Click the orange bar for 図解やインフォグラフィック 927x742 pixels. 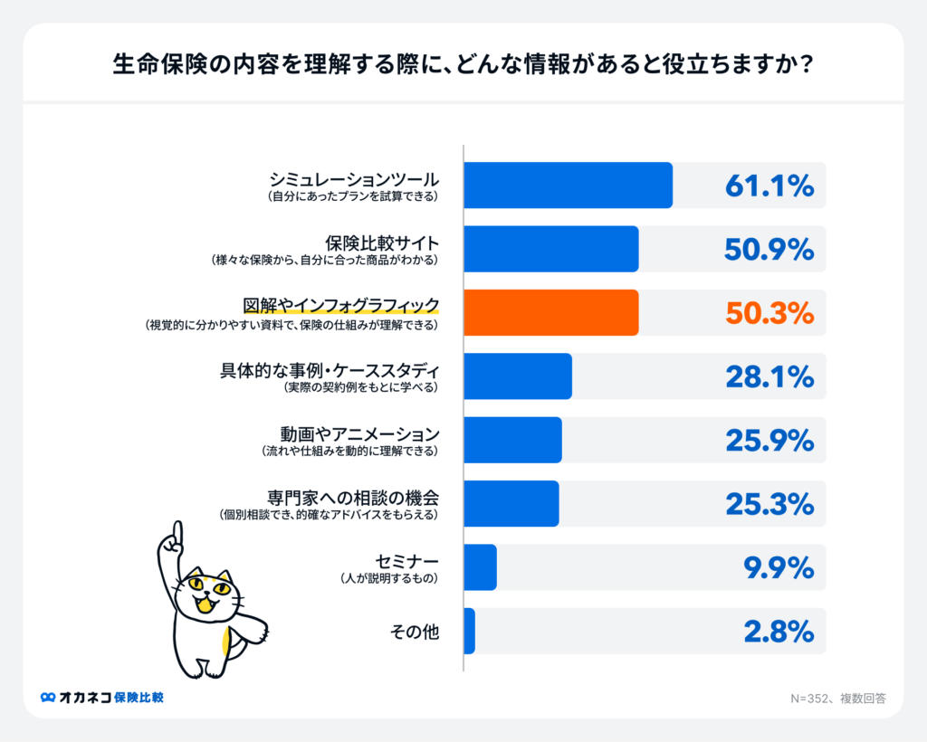point(550,312)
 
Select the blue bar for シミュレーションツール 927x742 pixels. point(568,185)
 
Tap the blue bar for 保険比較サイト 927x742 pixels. point(550,249)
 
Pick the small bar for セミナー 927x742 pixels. point(480,567)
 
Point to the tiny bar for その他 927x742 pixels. point(469,631)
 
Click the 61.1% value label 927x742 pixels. point(769,186)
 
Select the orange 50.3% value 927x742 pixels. point(769,313)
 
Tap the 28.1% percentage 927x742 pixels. point(769,376)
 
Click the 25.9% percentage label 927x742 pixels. point(769,440)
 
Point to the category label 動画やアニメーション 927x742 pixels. point(358,433)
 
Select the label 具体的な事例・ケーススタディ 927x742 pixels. point(330,369)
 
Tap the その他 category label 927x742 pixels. point(414,632)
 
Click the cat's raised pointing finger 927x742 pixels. point(177,530)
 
